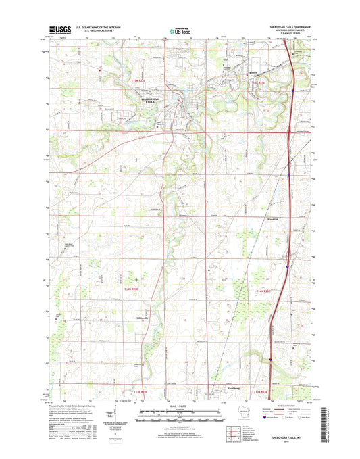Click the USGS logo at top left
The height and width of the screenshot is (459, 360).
[59, 30]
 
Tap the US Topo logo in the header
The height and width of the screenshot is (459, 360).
[179, 30]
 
